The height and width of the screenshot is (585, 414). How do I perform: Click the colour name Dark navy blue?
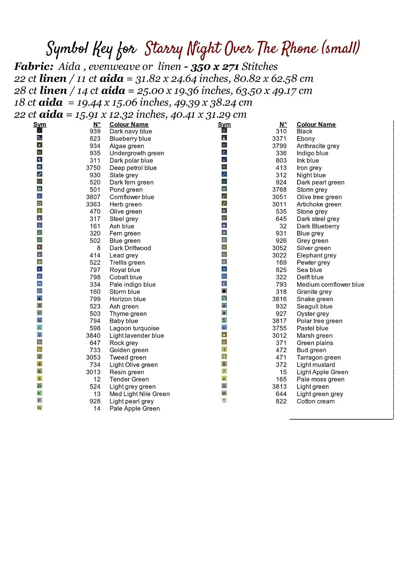click(130, 131)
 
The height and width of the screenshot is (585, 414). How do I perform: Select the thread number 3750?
click(93, 168)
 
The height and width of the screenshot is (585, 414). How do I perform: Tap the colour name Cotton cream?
click(315, 401)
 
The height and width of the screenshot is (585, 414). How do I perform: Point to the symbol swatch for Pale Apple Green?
click(39, 408)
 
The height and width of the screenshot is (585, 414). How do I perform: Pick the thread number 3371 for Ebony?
click(279, 138)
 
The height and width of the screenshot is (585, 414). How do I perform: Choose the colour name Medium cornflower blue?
click(330, 285)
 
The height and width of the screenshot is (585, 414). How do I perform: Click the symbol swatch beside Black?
click(224, 131)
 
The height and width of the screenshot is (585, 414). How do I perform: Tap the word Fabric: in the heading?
click(34, 67)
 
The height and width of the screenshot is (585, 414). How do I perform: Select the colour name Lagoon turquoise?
click(134, 328)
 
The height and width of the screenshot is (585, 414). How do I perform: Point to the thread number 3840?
click(93, 336)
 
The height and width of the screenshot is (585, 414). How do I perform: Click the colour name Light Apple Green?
click(322, 372)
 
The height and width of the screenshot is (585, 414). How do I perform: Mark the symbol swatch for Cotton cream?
click(224, 401)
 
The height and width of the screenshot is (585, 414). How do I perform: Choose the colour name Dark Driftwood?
click(130, 248)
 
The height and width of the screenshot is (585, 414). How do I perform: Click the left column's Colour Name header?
click(128, 124)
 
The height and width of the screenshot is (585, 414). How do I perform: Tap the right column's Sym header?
click(224, 124)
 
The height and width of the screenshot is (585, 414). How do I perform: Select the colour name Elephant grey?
click(316, 255)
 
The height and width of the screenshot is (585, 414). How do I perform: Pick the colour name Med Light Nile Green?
click(139, 394)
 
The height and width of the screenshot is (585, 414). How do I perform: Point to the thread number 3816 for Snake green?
click(279, 299)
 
